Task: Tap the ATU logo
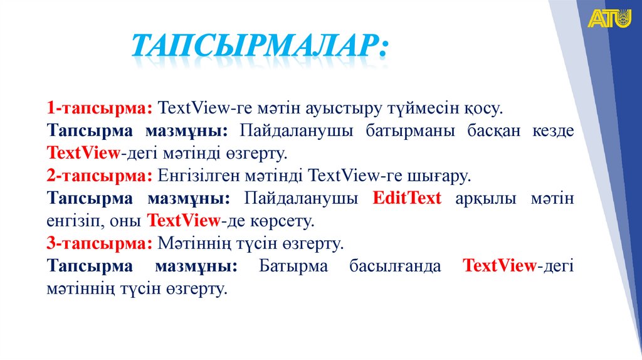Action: pos(609,19)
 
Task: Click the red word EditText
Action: pos(407,198)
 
